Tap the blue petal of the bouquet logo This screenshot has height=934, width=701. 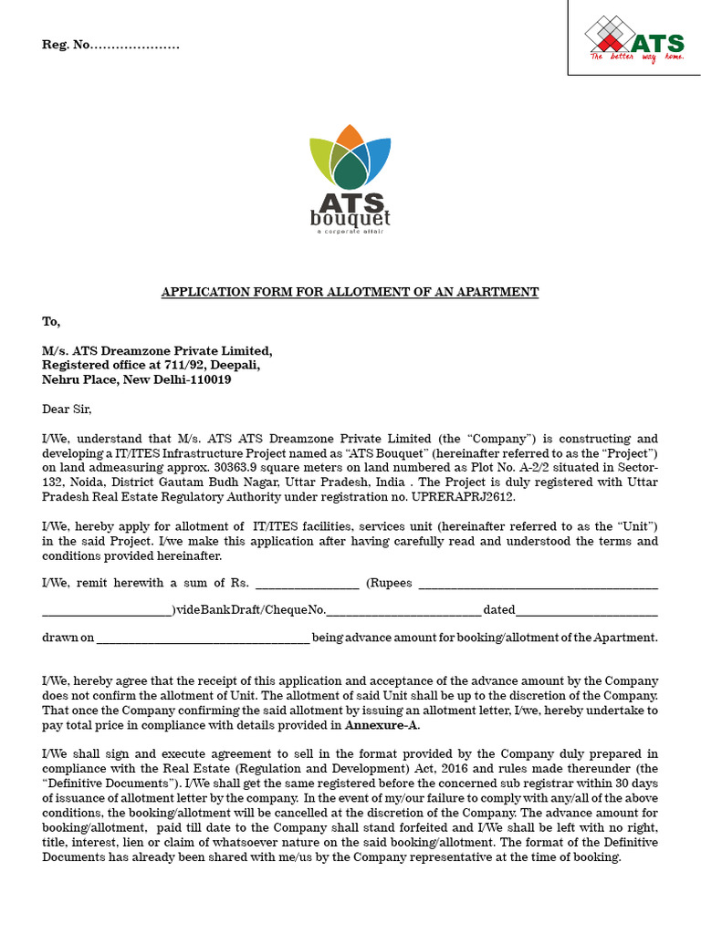[x=379, y=154]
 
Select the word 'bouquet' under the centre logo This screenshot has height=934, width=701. [x=350, y=219]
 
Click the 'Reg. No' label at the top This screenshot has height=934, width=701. [x=66, y=46]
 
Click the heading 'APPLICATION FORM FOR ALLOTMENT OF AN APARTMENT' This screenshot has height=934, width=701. [x=350, y=292]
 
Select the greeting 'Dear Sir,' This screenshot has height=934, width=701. [x=68, y=409]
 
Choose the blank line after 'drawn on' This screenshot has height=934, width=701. [x=203, y=638]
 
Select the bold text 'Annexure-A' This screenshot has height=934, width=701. [x=382, y=726]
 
